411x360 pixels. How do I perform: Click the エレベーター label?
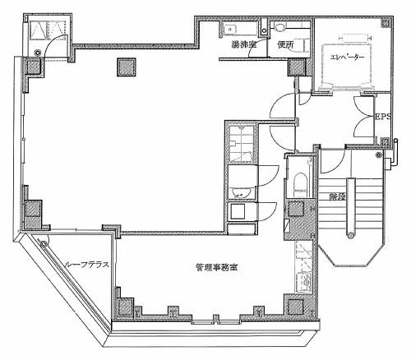[x=347, y=57]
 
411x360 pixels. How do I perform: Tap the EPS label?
[x=382, y=117]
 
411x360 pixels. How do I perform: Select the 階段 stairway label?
[x=337, y=196]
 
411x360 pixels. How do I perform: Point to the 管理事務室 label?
[x=216, y=267]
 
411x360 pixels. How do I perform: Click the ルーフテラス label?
[x=87, y=265]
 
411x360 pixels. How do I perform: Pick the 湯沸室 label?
[x=243, y=44]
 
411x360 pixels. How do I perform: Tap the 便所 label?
[x=285, y=44]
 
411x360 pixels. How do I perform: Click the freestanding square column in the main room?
[x=127, y=67]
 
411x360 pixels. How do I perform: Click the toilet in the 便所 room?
[x=279, y=27]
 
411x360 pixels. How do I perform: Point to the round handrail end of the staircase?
[x=350, y=235]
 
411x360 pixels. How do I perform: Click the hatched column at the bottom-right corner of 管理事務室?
[x=296, y=307]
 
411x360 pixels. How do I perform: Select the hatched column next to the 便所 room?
[x=298, y=67]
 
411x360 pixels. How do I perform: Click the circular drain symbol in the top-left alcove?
[x=37, y=52]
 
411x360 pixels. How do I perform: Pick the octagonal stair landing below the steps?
[x=350, y=252]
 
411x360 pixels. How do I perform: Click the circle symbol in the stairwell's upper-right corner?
[x=379, y=155]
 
